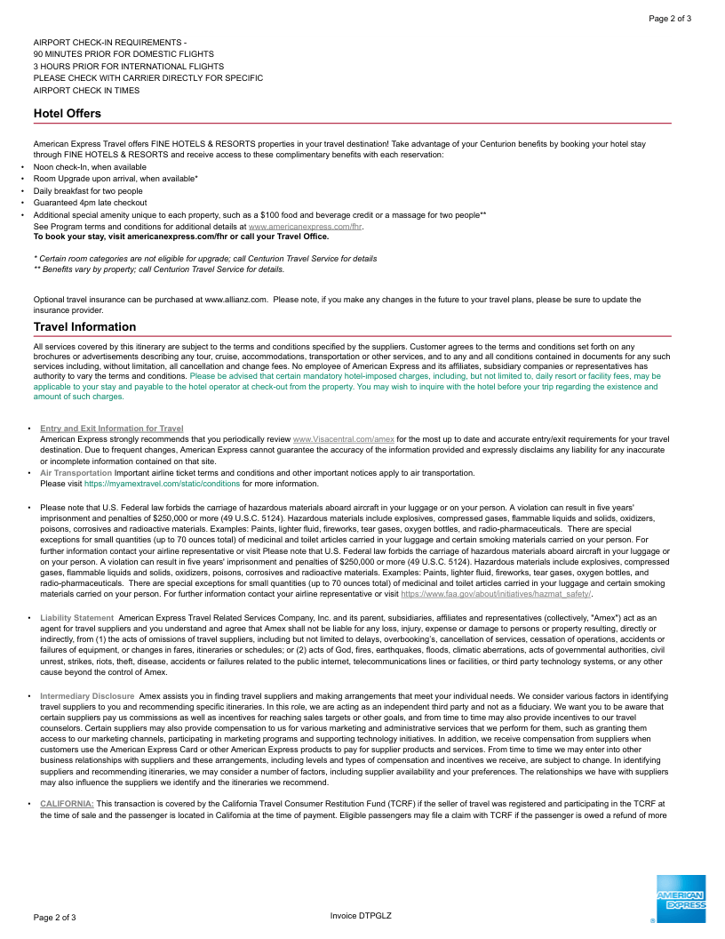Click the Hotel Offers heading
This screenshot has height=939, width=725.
(68, 114)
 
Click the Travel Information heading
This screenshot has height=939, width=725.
(84, 327)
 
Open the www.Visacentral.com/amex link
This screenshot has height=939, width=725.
(343, 439)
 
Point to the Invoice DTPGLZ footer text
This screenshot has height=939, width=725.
(361, 916)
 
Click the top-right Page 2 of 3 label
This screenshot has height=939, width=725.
(670, 19)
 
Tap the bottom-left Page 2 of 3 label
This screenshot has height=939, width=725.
(55, 917)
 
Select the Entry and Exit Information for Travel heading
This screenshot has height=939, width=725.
(112, 429)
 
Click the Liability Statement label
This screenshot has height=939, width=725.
(76, 617)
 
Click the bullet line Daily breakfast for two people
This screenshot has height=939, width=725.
(88, 191)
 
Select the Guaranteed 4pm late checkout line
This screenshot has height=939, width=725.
(91, 203)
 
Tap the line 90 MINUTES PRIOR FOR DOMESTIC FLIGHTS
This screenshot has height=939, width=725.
(123, 54)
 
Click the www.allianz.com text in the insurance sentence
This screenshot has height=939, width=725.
(235, 300)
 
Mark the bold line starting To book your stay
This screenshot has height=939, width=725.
(180, 237)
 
